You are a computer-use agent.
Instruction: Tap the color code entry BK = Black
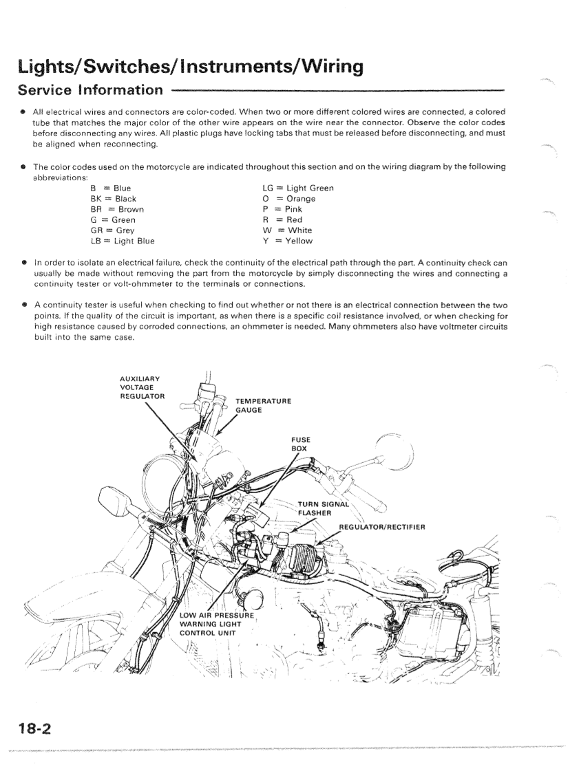pos(113,199)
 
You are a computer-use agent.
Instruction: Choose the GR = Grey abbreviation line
pos(113,230)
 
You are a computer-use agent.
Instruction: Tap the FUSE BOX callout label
pos(301,444)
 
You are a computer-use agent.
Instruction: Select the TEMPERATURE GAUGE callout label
pos(262,404)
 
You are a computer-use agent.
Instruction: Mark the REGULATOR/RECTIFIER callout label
pos(391,528)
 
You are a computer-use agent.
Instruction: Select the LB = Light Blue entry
pos(123,241)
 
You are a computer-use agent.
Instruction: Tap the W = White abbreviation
pos(286,230)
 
